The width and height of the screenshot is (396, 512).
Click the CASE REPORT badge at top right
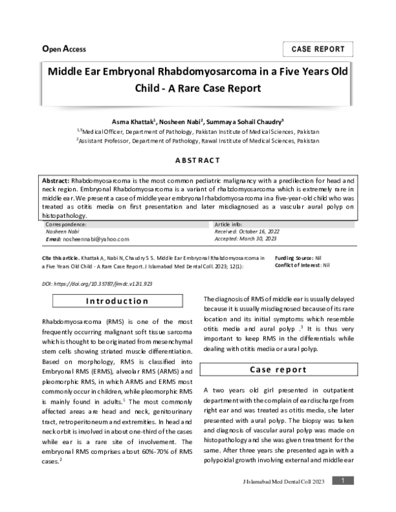(318, 49)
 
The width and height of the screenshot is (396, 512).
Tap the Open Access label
(64, 49)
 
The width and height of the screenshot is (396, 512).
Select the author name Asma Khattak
(133, 122)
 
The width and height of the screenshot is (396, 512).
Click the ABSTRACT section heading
(197, 160)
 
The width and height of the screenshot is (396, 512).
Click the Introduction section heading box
(118, 302)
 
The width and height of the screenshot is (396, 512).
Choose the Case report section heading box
(278, 369)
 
